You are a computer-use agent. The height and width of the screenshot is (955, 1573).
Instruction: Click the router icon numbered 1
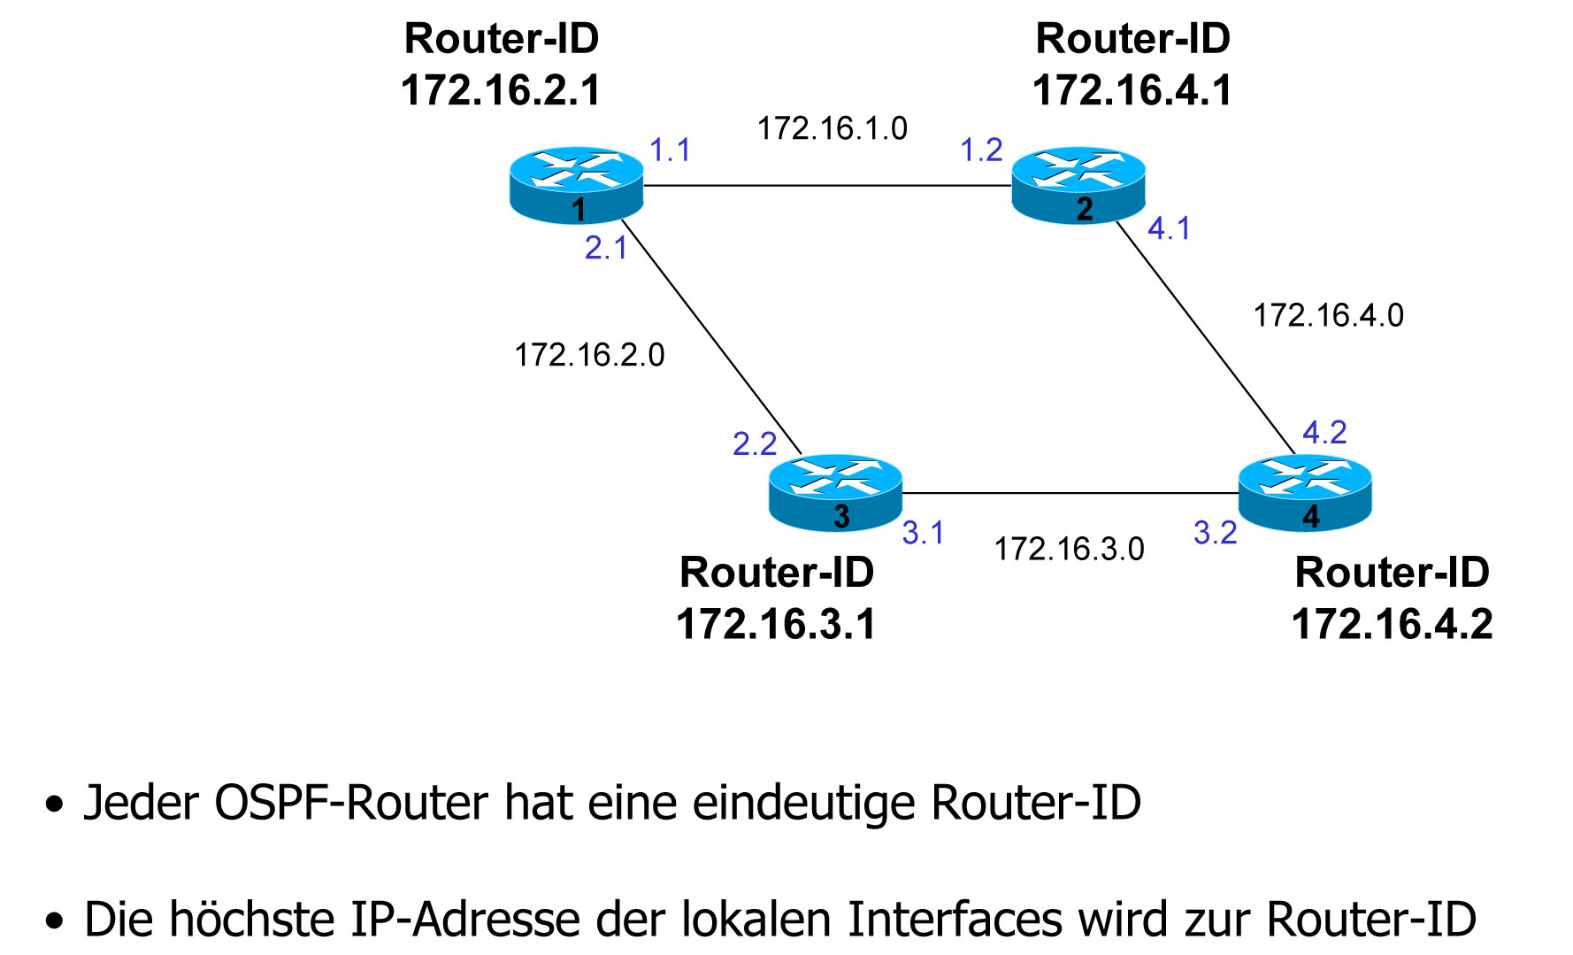[577, 184]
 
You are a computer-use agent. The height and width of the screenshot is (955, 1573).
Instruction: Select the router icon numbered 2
[1078, 184]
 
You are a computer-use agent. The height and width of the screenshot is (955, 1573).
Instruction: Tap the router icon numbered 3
[836, 492]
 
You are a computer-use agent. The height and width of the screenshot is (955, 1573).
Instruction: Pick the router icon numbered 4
[1305, 492]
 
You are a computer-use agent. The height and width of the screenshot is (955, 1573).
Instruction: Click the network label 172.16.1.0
[833, 129]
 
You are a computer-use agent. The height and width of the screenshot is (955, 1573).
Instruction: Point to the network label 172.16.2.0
[589, 355]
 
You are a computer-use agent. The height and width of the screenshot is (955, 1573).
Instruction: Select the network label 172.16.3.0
[1069, 550]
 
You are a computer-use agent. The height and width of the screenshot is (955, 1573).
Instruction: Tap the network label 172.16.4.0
[1328, 316]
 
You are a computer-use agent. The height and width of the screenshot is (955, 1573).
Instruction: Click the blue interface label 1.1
[670, 150]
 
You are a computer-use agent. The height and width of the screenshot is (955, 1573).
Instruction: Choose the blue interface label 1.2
[981, 150]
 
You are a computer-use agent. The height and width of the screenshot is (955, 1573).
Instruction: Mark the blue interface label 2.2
[755, 443]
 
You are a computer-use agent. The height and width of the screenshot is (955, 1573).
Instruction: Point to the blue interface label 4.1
[1169, 229]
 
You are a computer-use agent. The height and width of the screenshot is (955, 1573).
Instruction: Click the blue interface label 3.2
[1215, 533]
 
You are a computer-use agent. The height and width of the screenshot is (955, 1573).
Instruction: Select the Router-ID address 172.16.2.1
[501, 90]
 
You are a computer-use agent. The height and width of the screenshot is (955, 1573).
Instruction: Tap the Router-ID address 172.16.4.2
[1392, 625]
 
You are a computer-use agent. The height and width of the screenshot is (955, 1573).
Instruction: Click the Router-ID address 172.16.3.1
[776, 625]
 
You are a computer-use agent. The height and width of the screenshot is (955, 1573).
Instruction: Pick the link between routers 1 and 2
[827, 186]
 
